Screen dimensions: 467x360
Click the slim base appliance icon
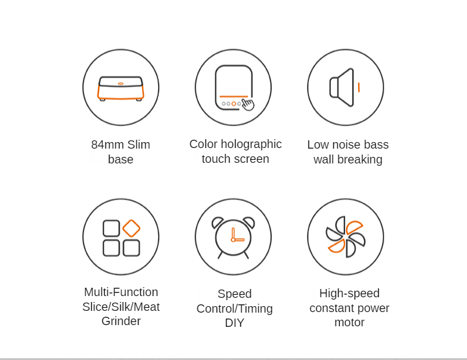(121, 88)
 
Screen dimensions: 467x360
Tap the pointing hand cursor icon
(248, 104)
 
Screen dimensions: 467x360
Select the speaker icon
(342, 87)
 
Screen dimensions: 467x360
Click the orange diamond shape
(131, 229)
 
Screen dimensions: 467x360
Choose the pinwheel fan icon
(346, 237)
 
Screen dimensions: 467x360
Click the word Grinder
(121, 322)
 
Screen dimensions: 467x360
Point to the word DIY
(235, 323)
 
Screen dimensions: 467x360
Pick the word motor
(349, 323)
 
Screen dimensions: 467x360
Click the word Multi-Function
(121, 292)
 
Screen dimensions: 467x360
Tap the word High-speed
(349, 294)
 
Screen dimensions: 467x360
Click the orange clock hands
(237, 236)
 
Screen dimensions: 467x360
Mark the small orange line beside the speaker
(359, 87)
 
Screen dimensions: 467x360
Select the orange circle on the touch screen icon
(234, 104)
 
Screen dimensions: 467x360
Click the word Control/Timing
(235, 308)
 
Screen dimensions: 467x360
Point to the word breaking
(360, 160)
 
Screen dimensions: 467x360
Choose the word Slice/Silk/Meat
(121, 307)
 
